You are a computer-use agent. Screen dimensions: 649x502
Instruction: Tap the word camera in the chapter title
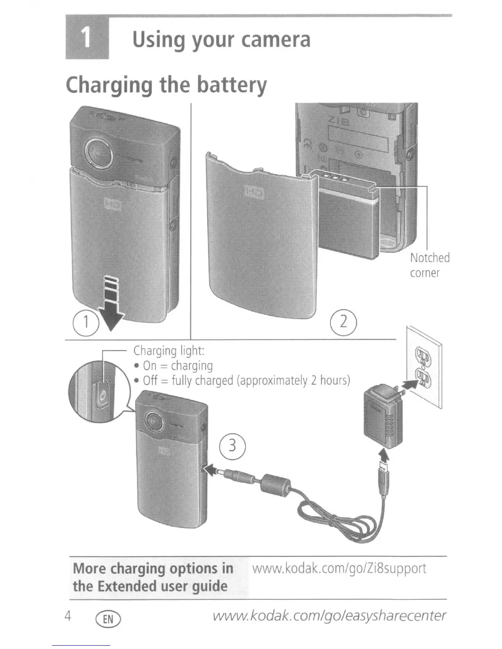[x=276, y=40]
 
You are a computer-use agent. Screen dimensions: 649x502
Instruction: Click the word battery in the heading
[x=232, y=85]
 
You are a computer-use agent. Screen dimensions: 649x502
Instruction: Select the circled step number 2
[x=344, y=321]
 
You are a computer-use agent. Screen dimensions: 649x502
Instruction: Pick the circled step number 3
[x=233, y=445]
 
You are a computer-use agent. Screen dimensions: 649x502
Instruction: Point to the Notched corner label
[x=429, y=265]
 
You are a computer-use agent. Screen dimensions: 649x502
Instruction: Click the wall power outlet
[x=424, y=366]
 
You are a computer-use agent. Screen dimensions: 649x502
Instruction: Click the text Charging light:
[x=169, y=351]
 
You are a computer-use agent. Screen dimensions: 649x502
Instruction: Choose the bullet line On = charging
[x=177, y=365]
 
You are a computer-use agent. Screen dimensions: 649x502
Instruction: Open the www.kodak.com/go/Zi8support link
[x=339, y=569]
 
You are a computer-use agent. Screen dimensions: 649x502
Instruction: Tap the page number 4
[x=68, y=616]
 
